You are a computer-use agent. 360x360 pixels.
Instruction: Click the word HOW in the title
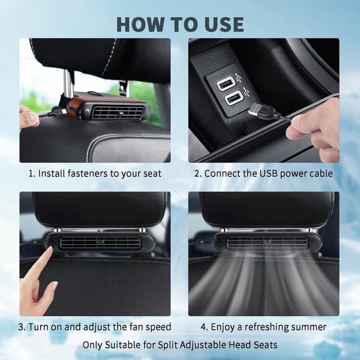(140, 25)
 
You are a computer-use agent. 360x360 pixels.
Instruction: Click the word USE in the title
(223, 25)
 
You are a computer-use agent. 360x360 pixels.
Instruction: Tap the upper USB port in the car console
(225, 83)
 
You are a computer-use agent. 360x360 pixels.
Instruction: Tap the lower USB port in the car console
(233, 98)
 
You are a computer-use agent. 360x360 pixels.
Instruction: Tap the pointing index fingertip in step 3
(49, 251)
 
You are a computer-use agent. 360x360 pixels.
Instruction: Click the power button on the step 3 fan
(52, 242)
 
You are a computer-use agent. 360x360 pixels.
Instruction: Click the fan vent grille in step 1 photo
(118, 112)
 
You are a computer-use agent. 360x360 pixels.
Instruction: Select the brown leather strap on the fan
(74, 107)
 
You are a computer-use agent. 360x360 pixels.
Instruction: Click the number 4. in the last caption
(205, 327)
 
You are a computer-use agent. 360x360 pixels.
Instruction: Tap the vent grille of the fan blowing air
(267, 242)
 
